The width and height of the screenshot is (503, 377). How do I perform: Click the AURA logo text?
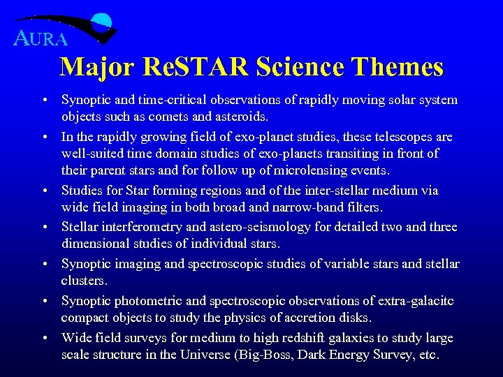[41, 38]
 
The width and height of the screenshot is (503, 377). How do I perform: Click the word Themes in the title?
[399, 67]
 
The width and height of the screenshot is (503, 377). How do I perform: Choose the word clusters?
[84, 280]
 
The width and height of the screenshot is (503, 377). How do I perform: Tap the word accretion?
[300, 318]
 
